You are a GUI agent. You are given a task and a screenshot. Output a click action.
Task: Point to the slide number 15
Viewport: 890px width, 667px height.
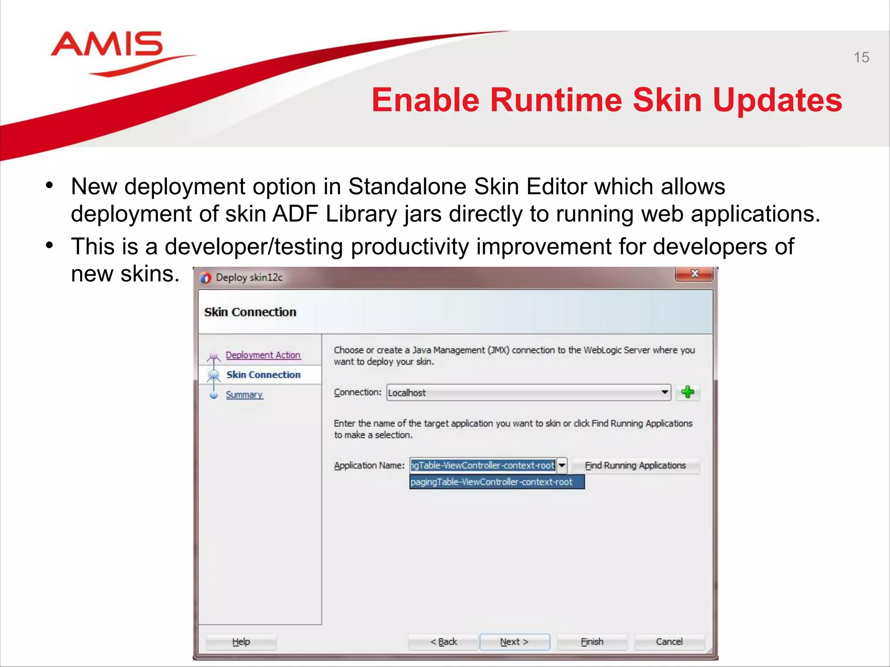861,57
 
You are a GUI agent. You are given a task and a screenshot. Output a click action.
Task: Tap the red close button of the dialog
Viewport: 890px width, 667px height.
694,274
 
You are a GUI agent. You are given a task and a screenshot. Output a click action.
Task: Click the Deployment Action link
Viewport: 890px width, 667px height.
263,355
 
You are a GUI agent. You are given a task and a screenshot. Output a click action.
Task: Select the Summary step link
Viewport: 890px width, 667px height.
244,395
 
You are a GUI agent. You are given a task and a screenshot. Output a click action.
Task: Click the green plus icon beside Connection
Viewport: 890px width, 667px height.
687,392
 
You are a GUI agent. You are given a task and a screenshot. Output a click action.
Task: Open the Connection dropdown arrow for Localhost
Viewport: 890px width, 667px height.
664,392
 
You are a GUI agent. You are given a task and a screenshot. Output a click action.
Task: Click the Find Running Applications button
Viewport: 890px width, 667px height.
635,466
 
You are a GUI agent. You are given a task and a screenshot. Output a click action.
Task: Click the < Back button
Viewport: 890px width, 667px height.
443,642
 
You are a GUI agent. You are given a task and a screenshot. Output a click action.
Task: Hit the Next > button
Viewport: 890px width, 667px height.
514,642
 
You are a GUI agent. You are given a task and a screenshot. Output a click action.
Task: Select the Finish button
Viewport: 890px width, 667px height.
592,642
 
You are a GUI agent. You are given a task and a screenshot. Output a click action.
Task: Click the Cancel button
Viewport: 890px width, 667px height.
669,642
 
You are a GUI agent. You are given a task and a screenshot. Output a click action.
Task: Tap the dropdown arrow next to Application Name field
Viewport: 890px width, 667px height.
562,466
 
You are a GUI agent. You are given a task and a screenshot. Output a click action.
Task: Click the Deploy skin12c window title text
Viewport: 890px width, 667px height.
249,277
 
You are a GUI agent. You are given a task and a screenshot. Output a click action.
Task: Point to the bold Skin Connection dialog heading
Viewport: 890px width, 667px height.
250,312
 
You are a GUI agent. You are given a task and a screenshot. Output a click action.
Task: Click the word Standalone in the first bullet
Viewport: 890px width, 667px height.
407,187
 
